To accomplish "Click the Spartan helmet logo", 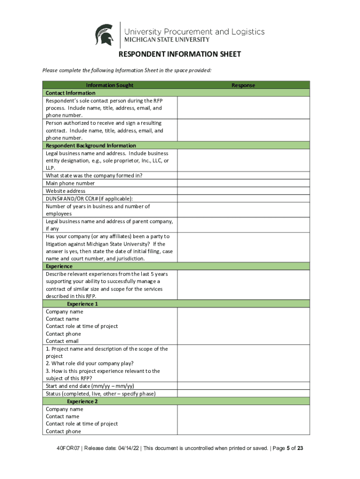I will [x=104, y=35].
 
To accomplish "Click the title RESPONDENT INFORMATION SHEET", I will [x=180, y=54].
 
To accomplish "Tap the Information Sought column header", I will [x=109, y=85].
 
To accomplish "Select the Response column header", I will [x=243, y=85].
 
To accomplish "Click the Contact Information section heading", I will [x=70, y=93].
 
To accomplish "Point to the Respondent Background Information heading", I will [x=91, y=145].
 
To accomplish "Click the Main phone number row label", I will [x=70, y=183].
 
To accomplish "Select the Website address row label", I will [x=65, y=191].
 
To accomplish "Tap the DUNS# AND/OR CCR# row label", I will [x=89, y=198].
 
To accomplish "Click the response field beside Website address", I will [x=243, y=191].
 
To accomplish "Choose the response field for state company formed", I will [x=243, y=176].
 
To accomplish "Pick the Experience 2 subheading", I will [x=82, y=401].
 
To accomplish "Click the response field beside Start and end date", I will [x=243, y=386].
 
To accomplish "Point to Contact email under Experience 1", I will [x=63, y=341].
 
